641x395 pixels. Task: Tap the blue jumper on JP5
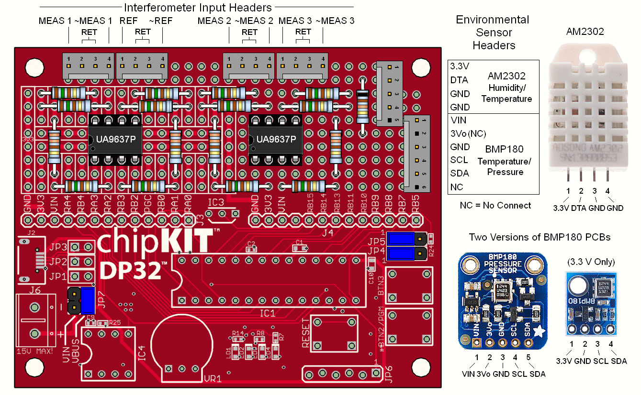(400, 238)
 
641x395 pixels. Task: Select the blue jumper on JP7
(88, 301)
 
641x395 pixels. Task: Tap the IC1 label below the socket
(267, 314)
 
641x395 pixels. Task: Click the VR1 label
(213, 379)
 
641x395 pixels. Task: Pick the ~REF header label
(161, 21)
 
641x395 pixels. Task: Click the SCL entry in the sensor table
(460, 160)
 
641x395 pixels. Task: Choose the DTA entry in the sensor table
(459, 80)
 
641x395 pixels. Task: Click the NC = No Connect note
(495, 205)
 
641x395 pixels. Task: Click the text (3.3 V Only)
(591, 262)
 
